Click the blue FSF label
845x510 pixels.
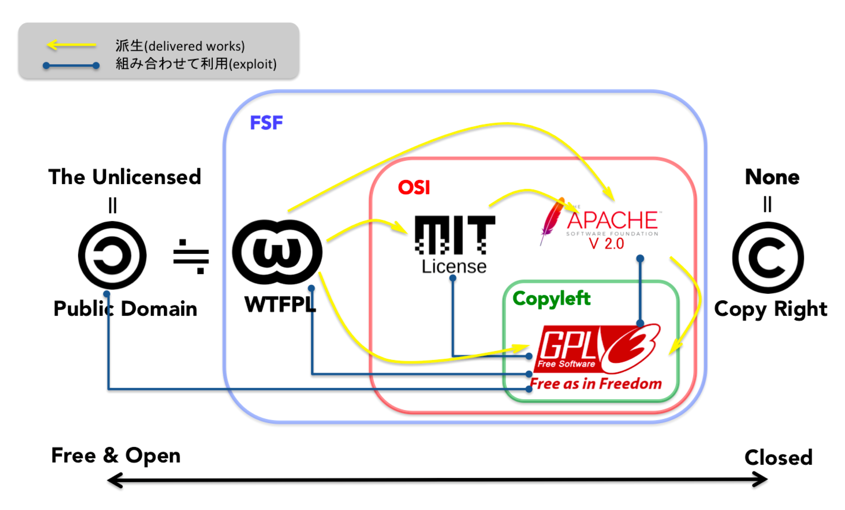tap(266, 123)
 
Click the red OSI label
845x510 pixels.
tap(414, 187)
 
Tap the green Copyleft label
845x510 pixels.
tap(551, 298)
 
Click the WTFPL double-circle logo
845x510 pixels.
tap(277, 252)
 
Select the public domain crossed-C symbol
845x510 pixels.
tap(112, 255)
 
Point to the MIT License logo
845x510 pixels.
tap(455, 243)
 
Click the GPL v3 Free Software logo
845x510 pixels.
tap(597, 348)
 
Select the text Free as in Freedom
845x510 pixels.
tap(596, 383)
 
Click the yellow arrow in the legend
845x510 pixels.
tap(71, 45)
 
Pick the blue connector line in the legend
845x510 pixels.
tap(71, 65)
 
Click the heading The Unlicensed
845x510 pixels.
tap(124, 177)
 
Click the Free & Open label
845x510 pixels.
tap(116, 455)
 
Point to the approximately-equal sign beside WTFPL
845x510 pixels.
tap(191, 257)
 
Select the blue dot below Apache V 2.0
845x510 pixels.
tap(640, 258)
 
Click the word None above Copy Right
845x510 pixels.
tap(772, 177)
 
